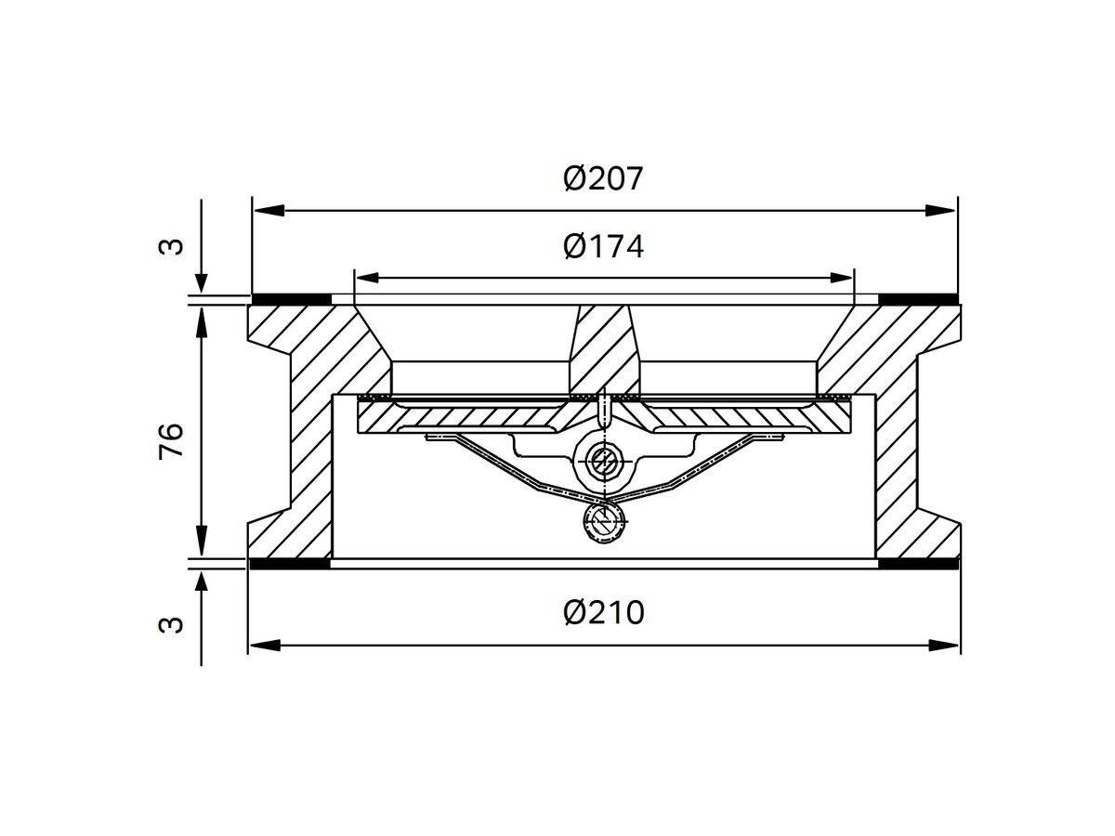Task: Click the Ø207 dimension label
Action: pyautogui.click(x=603, y=178)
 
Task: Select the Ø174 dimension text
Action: pyautogui.click(x=603, y=246)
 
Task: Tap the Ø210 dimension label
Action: pyautogui.click(x=603, y=613)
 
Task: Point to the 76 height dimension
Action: pyautogui.click(x=171, y=440)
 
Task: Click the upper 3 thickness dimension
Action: pyautogui.click(x=171, y=247)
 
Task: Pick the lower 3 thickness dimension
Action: pyautogui.click(x=171, y=625)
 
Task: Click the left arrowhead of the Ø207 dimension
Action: pyautogui.click(x=269, y=210)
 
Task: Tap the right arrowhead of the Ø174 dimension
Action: pyautogui.click(x=840, y=278)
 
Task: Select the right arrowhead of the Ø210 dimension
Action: pyautogui.click(x=944, y=646)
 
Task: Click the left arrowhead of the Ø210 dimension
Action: pyautogui.click(x=265, y=646)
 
